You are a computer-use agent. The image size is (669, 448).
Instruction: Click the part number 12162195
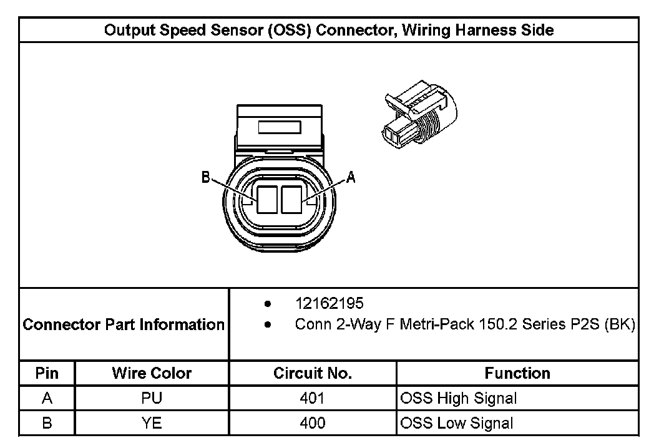pyautogui.click(x=329, y=304)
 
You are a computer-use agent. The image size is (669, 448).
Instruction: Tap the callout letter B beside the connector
pyautogui.click(x=205, y=178)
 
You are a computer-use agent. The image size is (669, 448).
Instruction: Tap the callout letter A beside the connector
pyautogui.click(x=351, y=178)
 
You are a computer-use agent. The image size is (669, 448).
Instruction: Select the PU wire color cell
pyautogui.click(x=152, y=398)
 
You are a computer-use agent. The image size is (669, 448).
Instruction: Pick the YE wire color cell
pyautogui.click(x=152, y=423)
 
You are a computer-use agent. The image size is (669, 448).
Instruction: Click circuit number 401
pyautogui.click(x=312, y=398)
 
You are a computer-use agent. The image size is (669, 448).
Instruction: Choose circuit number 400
pyautogui.click(x=312, y=423)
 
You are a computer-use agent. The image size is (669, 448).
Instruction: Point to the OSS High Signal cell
pyautogui.click(x=459, y=398)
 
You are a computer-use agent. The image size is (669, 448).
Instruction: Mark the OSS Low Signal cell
pyautogui.click(x=457, y=423)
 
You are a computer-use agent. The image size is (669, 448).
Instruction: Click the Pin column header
pyautogui.click(x=47, y=373)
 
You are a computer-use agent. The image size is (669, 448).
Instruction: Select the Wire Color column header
pyautogui.click(x=152, y=373)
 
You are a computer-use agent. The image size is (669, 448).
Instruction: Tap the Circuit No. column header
pyautogui.click(x=313, y=373)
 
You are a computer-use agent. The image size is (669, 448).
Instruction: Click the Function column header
pyautogui.click(x=517, y=373)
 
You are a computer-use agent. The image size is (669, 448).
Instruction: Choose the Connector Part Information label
pyautogui.click(x=124, y=324)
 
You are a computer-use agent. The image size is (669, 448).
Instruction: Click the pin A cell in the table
pyautogui.click(x=47, y=398)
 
